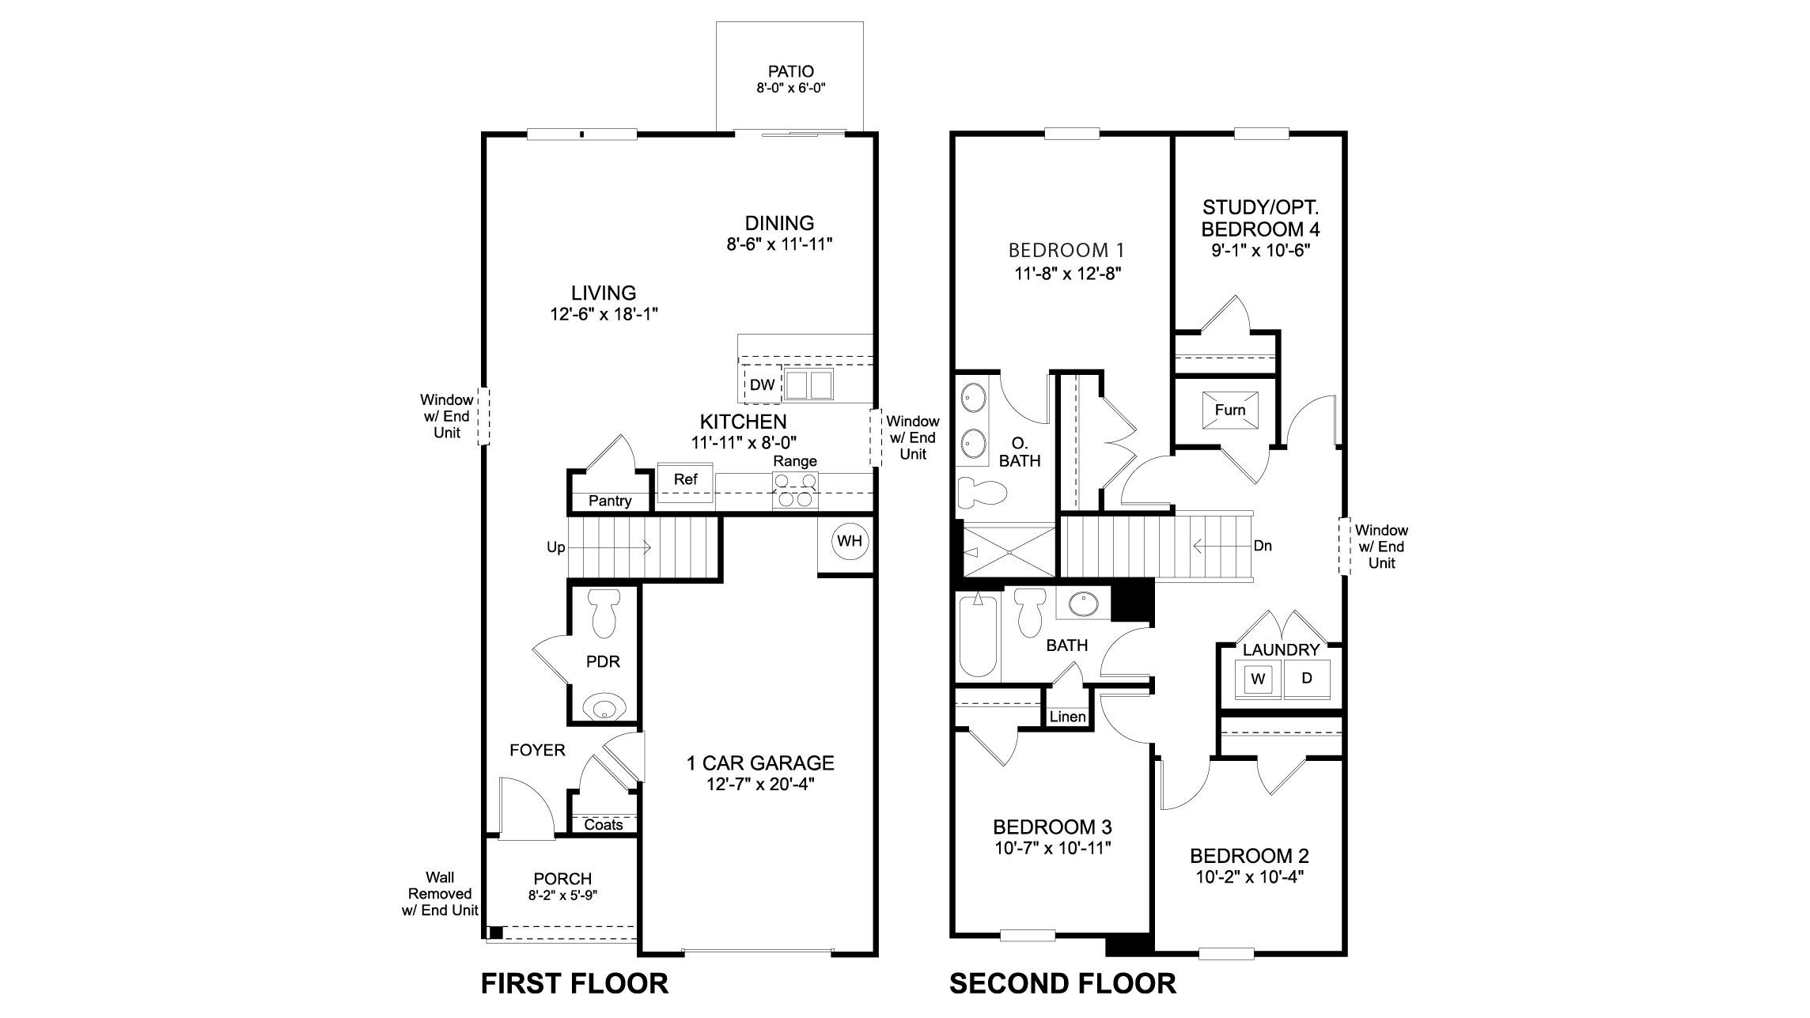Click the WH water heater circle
[x=850, y=542]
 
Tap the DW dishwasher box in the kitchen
[x=762, y=385]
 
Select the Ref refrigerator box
[x=685, y=480]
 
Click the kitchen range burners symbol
[x=794, y=490]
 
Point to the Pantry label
[x=610, y=501]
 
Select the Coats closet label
[x=604, y=825]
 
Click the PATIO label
[x=790, y=72]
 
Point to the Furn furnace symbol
[x=1229, y=410]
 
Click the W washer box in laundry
[x=1259, y=679]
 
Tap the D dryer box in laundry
[x=1307, y=679]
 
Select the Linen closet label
[x=1067, y=717]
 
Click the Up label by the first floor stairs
[x=555, y=547]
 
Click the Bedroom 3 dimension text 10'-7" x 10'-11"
[x=1052, y=849]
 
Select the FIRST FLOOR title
[x=574, y=984]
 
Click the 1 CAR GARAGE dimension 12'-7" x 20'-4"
[x=759, y=785]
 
